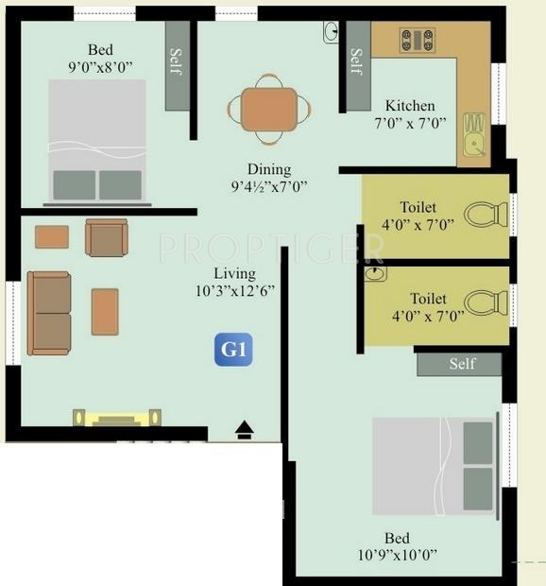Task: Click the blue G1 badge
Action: (x=233, y=350)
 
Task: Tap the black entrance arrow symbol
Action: (x=245, y=430)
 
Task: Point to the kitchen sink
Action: (x=474, y=144)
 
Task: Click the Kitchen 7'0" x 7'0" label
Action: (x=410, y=113)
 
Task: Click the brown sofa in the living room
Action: (x=49, y=314)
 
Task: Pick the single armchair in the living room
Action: (x=106, y=236)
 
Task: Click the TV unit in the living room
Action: (x=117, y=417)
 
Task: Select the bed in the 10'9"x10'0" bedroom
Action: (x=434, y=464)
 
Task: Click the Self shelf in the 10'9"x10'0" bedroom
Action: (x=459, y=364)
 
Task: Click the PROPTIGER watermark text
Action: (x=272, y=248)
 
